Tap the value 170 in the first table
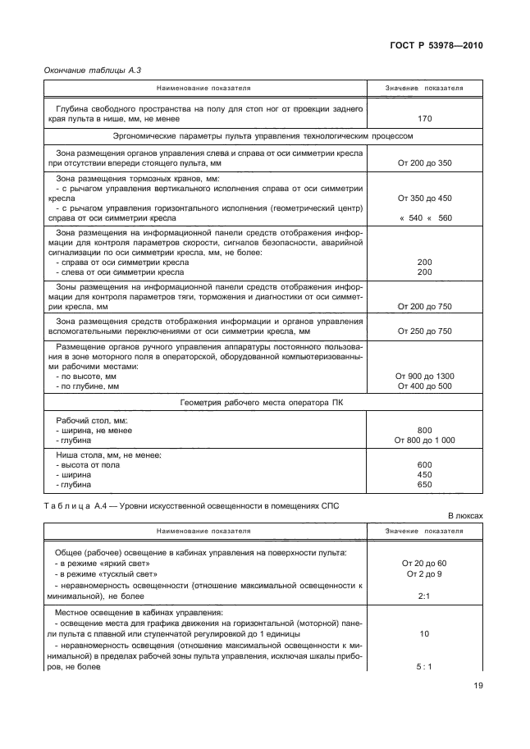tap(424, 118)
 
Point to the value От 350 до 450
tap(424, 199)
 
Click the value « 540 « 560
tap(424, 219)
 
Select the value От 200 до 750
tap(424, 306)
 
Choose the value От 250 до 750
tap(424, 331)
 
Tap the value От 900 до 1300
tap(424, 376)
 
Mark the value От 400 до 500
tap(424, 386)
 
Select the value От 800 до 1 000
tap(424, 440)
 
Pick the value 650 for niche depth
tap(424, 484)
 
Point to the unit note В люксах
tap(464, 516)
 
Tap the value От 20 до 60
tap(424, 564)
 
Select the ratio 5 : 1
tap(424, 667)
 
